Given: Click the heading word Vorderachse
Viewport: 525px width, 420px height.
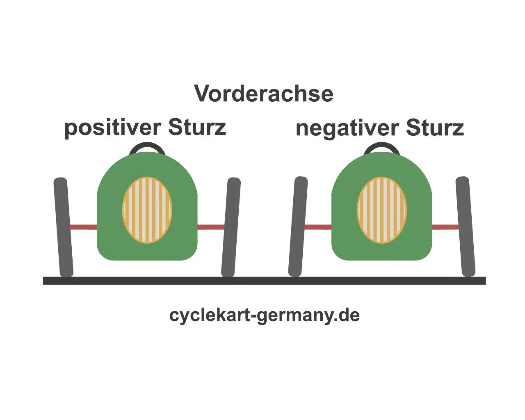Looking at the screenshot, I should [x=264, y=94].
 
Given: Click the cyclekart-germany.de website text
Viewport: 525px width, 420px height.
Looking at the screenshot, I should [x=264, y=315].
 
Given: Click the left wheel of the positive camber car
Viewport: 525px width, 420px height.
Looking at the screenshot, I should [x=63, y=227].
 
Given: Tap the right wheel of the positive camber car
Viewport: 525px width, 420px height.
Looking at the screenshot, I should [x=231, y=227].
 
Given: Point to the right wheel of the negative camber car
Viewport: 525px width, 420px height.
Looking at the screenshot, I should [x=465, y=226].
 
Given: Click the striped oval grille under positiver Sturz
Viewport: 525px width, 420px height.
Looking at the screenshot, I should [x=147, y=210].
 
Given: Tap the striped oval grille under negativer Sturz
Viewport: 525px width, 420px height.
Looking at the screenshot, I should [x=382, y=210].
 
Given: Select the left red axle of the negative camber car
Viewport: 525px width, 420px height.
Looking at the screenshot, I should [x=317, y=227].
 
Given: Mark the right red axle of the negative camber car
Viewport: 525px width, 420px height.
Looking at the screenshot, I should [x=445, y=227].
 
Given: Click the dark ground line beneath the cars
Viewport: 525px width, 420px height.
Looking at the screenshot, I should [x=264, y=281].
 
